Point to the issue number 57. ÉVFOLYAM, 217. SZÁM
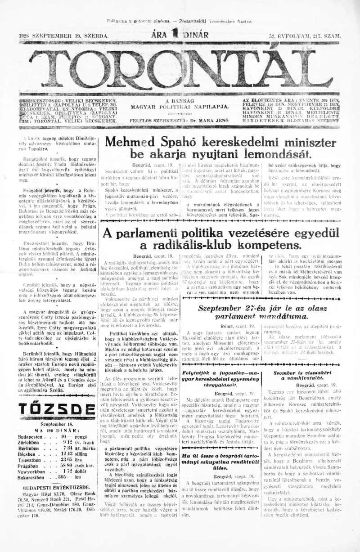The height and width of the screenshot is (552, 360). (x=304, y=35)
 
